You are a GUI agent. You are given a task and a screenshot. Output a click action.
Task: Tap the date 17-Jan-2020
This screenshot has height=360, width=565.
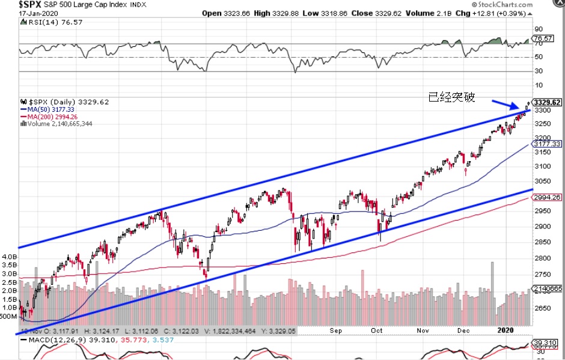point(22,13)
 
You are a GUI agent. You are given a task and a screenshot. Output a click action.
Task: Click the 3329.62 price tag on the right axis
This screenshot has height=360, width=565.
point(548,102)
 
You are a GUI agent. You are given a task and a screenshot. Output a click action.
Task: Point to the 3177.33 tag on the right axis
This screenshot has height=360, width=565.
point(548,144)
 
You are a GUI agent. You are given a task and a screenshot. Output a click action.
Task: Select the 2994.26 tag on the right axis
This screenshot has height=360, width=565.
point(548,197)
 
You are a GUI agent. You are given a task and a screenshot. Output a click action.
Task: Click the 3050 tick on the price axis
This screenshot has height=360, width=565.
point(543,182)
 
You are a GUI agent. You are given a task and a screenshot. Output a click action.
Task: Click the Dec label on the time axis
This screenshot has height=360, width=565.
point(463,331)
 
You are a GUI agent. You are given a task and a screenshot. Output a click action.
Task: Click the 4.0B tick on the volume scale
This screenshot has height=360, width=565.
point(10,257)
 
